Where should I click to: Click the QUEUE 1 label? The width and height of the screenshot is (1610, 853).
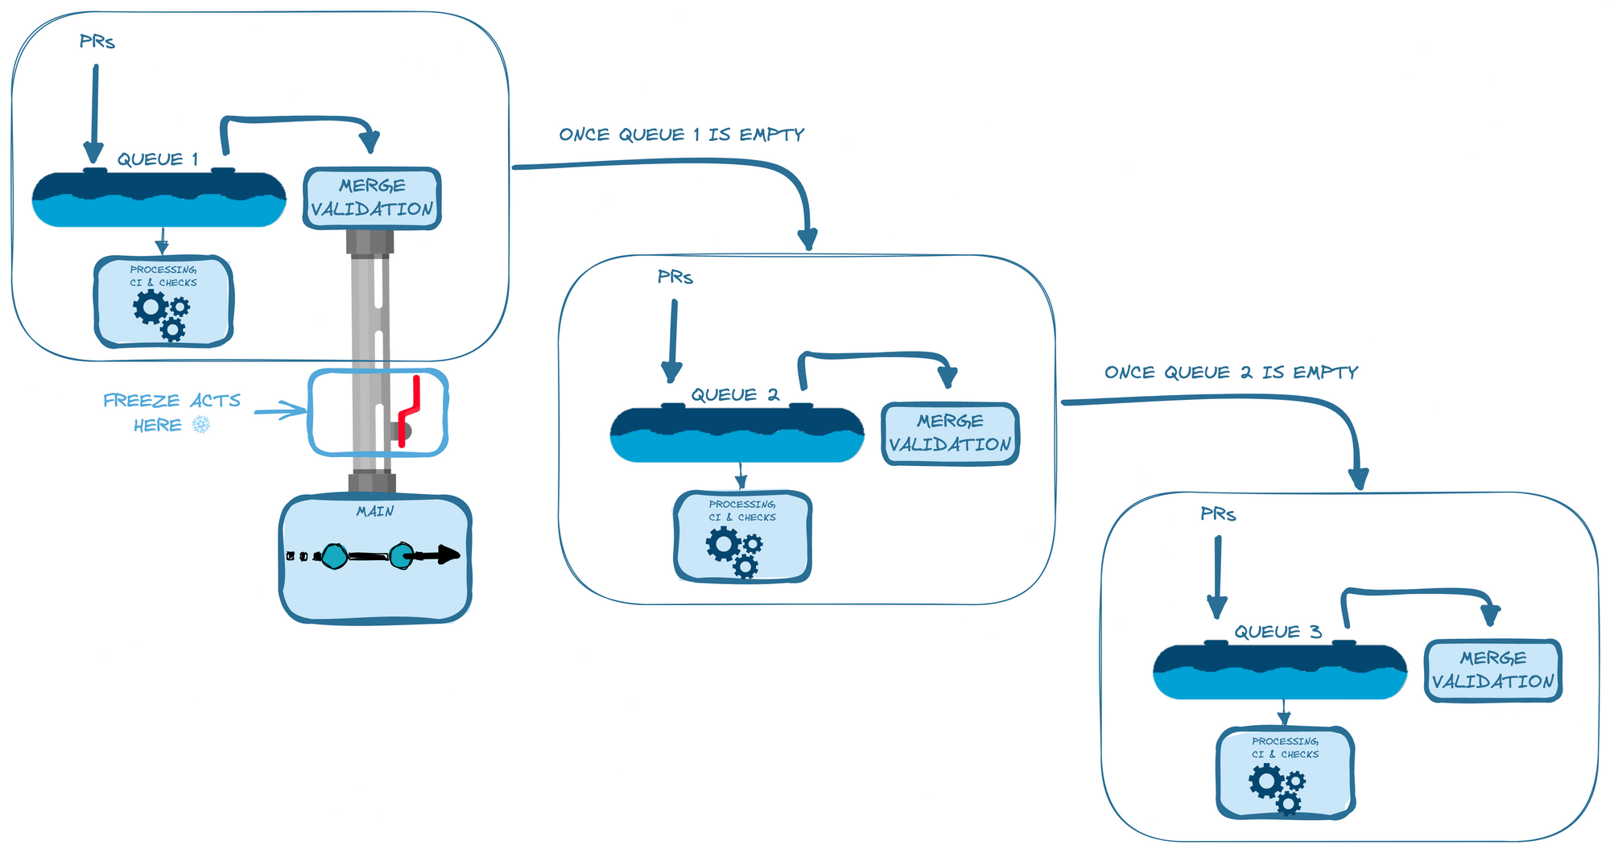(158, 159)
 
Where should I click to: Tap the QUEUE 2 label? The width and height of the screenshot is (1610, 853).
(735, 395)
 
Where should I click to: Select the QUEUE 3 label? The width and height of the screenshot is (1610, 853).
(1278, 633)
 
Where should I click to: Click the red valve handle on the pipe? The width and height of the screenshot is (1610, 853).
(410, 410)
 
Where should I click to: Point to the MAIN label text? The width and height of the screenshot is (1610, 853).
(375, 512)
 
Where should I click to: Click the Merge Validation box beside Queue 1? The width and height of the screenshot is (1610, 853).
(372, 198)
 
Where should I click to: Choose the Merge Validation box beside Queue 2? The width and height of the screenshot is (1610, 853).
(950, 434)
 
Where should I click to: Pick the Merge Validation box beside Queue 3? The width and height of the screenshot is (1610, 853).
(1493, 670)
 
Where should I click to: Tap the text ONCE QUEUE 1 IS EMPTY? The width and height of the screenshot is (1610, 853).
(682, 135)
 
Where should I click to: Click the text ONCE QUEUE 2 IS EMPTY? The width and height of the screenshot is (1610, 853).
(1231, 373)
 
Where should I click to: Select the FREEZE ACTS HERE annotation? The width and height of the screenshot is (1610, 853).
(171, 412)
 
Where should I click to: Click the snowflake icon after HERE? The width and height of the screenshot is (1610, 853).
(201, 425)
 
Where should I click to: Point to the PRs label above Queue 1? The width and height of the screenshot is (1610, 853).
(97, 42)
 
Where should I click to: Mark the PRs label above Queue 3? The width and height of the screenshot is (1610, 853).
(1218, 514)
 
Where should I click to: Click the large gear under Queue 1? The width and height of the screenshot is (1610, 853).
(151, 307)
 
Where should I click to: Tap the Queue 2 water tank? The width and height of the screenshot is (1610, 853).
(737, 435)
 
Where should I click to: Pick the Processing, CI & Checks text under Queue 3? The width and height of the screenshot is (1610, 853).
(1285, 748)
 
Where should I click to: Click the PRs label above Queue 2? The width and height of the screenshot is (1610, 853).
(675, 278)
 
